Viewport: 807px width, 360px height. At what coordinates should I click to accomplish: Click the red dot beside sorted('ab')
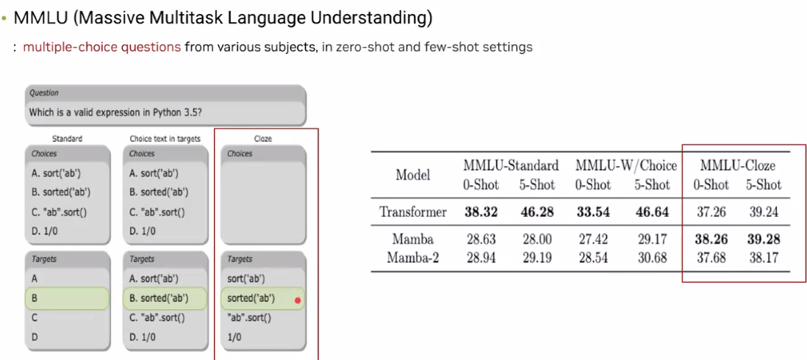point(298,300)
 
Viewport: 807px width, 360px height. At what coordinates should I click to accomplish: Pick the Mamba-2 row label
point(413,257)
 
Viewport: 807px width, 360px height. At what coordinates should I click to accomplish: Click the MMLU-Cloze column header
point(737,165)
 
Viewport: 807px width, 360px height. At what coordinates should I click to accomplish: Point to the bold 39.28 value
point(764,240)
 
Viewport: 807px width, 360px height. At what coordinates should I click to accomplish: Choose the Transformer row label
point(413,212)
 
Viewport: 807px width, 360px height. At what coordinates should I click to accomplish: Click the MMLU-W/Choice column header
point(626,165)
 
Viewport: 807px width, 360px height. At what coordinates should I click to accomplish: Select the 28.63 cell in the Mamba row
point(481,240)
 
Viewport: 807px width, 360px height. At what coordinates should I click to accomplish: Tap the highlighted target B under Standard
point(67,298)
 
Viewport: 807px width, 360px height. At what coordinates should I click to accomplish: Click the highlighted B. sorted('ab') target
point(165,298)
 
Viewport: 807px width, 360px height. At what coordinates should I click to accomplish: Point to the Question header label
point(44,93)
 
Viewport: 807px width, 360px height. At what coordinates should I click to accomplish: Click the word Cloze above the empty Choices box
point(262,138)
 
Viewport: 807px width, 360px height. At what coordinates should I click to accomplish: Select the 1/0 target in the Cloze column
point(234,337)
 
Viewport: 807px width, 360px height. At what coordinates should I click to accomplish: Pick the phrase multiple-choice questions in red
point(102,48)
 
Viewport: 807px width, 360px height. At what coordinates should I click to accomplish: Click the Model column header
point(413,175)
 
